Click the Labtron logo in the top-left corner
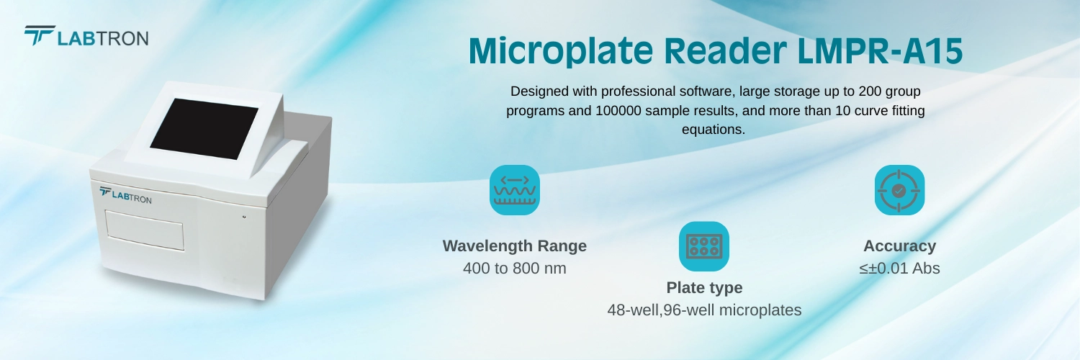(86, 37)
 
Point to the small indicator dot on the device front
(244, 216)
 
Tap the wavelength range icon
(515, 190)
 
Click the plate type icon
(704, 246)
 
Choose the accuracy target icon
(899, 190)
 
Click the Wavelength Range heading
(515, 246)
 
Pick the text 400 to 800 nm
(515, 269)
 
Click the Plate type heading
(704, 288)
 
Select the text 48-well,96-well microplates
(704, 310)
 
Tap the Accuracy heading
(899, 246)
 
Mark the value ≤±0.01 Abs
(899, 269)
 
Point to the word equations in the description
(713, 130)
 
